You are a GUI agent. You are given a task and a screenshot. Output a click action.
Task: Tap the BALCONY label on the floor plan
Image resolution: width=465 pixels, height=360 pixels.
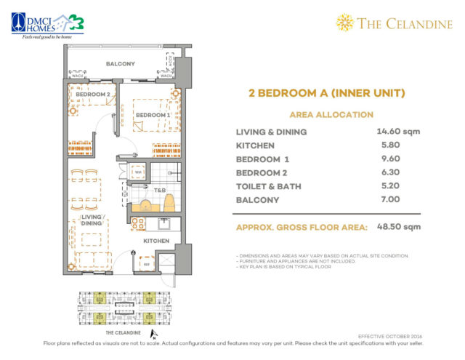(120, 64)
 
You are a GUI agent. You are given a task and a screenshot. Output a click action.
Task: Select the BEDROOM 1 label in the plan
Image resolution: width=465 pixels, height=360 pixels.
(153, 115)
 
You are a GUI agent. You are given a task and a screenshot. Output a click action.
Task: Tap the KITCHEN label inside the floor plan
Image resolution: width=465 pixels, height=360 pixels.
(155, 241)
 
